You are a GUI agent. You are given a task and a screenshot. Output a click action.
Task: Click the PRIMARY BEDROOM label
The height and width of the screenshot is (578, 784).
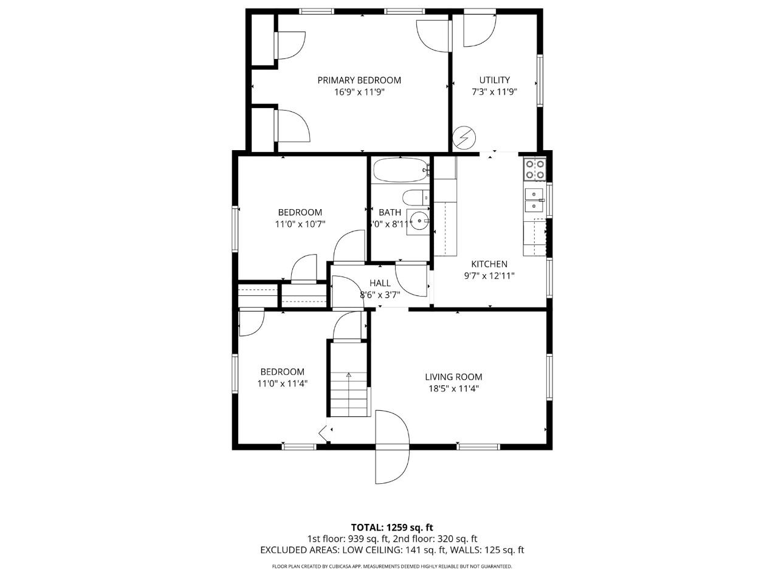[359, 80]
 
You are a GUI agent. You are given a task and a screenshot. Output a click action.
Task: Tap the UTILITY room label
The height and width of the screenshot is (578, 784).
[494, 80]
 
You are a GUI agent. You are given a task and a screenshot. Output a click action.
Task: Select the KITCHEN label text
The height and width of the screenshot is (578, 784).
[489, 264]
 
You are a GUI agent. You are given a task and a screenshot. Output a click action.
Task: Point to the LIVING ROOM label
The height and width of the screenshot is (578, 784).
[453, 377]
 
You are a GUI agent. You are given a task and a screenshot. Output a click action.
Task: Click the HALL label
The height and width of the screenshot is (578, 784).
[380, 283]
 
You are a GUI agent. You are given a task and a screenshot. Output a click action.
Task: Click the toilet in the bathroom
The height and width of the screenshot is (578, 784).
[415, 198]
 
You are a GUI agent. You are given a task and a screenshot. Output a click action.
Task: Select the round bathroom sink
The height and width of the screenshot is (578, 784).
[418, 220]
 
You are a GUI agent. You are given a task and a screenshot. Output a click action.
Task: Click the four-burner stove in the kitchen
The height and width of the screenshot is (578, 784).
[535, 170]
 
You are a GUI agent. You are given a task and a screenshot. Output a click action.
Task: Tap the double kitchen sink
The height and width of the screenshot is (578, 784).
[534, 199]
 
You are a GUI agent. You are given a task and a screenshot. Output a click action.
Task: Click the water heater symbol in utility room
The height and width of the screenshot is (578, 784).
[464, 138]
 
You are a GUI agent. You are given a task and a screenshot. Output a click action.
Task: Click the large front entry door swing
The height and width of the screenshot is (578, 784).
[393, 447]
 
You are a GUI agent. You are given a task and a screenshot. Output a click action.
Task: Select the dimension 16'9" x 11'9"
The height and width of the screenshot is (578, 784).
[359, 92]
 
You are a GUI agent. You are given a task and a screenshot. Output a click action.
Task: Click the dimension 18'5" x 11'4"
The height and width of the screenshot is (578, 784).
[453, 389]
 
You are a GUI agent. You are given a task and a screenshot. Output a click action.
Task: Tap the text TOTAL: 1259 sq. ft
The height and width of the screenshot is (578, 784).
[392, 527]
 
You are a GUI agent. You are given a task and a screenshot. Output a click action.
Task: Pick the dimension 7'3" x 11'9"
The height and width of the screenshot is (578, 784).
[494, 92]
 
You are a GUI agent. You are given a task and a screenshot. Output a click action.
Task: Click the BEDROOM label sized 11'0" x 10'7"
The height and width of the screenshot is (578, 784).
[300, 212]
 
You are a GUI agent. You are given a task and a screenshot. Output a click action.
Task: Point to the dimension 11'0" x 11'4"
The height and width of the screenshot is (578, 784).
[282, 384]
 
